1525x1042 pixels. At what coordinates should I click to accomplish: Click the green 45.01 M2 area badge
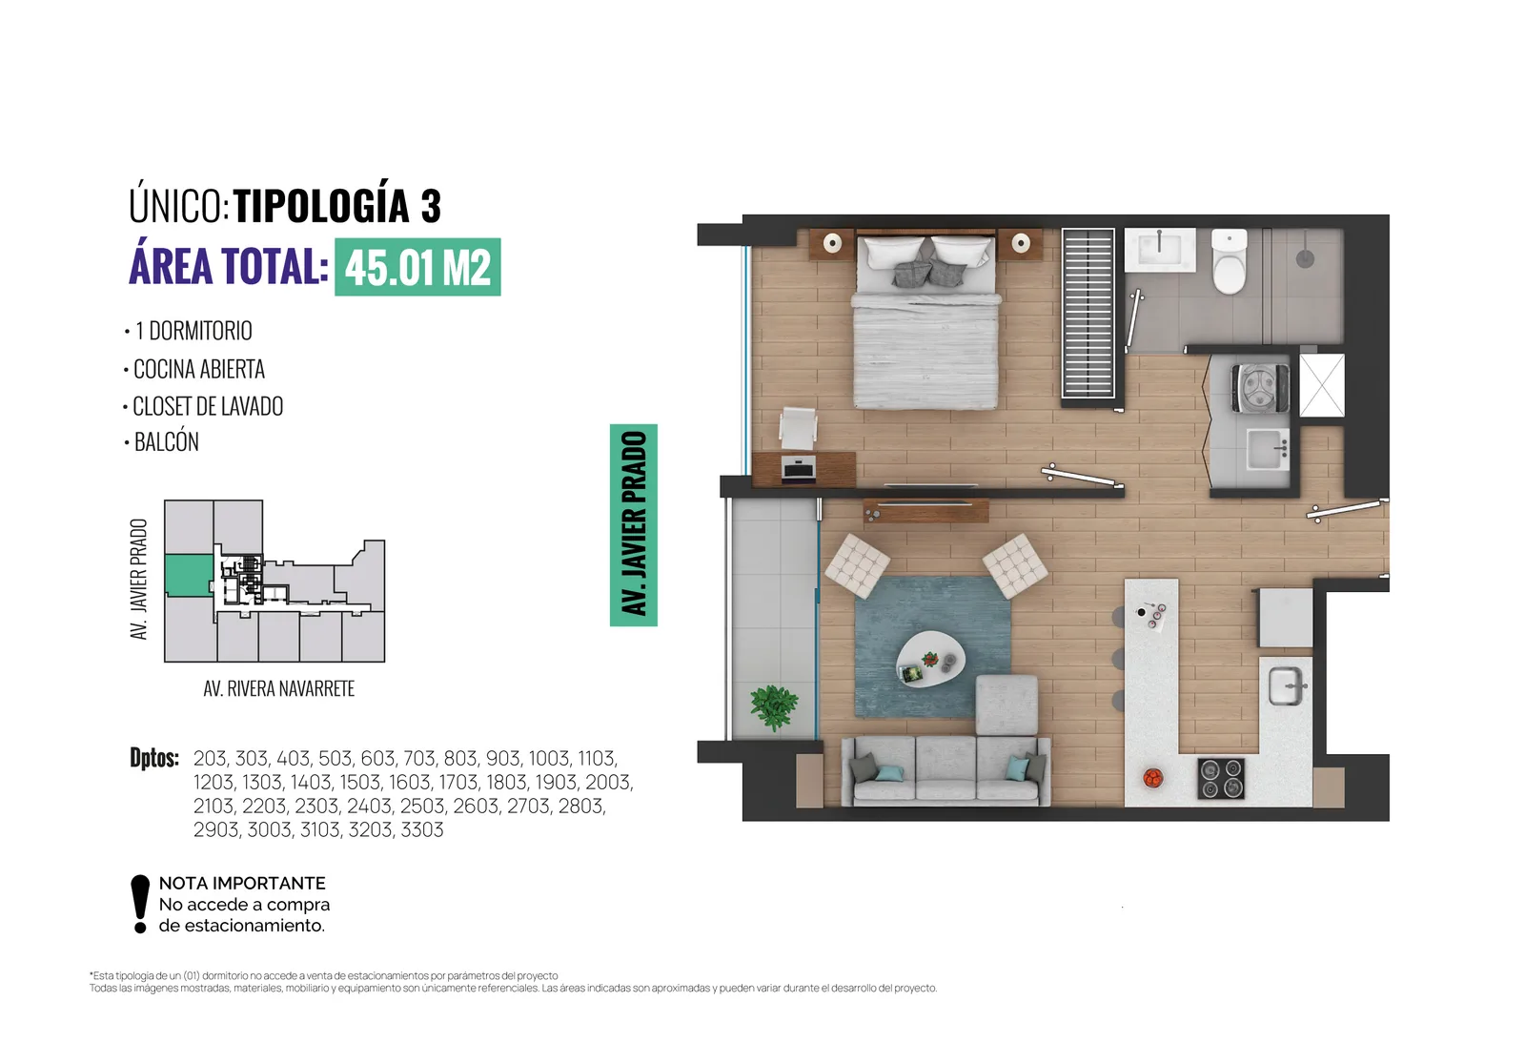(417, 267)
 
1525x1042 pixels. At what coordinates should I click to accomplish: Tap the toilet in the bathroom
(1229, 261)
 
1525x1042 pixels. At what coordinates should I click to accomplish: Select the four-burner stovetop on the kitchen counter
(1221, 778)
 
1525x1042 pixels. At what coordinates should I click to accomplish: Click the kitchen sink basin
(1286, 685)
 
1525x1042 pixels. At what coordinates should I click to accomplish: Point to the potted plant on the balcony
(773, 706)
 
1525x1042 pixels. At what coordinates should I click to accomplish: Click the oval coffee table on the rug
(930, 660)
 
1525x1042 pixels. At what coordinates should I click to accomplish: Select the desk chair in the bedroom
(798, 428)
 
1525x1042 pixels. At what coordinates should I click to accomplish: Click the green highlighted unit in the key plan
(189, 576)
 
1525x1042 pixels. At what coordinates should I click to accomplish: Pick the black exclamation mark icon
(140, 904)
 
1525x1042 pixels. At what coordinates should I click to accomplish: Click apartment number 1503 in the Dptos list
(359, 782)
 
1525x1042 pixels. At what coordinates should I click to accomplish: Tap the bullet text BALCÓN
(167, 442)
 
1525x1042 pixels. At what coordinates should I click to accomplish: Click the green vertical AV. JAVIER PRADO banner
(633, 524)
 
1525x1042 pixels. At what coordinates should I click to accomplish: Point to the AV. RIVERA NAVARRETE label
(279, 688)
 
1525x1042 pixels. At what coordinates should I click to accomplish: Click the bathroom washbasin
(1159, 250)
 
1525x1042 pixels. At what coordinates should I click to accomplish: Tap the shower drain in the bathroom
(1305, 258)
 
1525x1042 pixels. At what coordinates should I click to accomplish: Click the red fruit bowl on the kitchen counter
(1152, 777)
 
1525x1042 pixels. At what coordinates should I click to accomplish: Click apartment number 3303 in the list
(422, 829)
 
